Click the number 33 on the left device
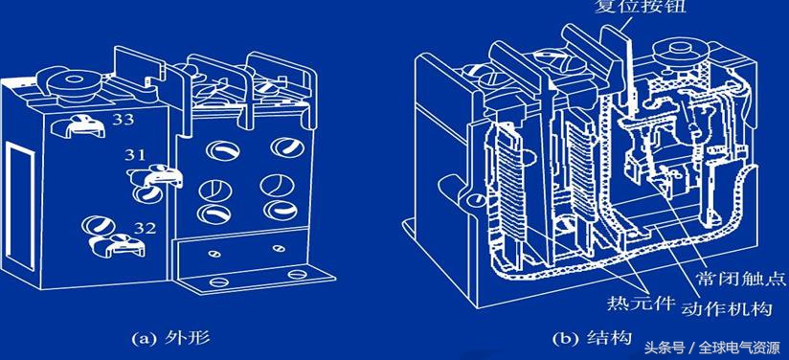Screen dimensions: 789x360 [x=123, y=120]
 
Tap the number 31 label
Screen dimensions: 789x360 [x=135, y=155]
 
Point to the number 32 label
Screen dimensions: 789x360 [x=145, y=229]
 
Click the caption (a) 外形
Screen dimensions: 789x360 [x=170, y=337]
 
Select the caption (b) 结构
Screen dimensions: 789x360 [x=592, y=337]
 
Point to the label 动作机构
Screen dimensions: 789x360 [x=726, y=307]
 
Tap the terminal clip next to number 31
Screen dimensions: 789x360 [x=154, y=174]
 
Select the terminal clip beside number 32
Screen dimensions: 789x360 [x=117, y=244]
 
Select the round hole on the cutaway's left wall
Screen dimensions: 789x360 [x=474, y=201]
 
